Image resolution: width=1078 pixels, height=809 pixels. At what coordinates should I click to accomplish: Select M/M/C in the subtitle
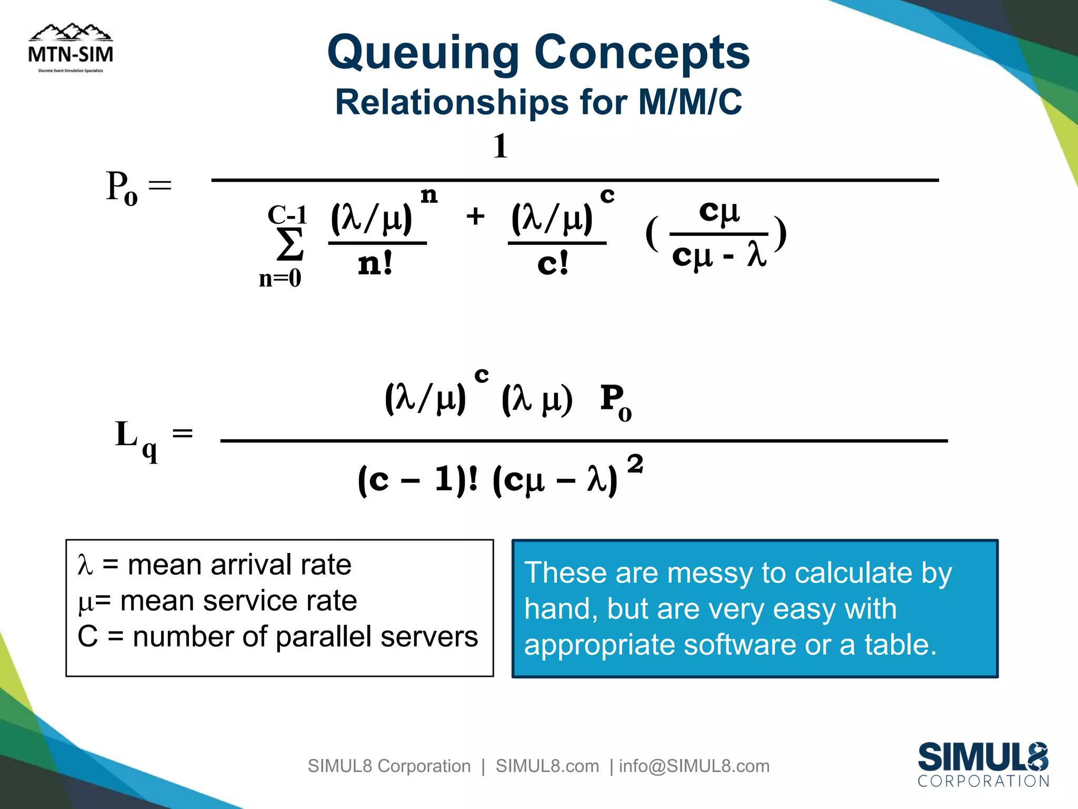690,102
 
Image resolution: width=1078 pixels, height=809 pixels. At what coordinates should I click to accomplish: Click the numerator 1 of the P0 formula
501,146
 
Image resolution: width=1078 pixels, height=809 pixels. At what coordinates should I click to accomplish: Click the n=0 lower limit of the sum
280,279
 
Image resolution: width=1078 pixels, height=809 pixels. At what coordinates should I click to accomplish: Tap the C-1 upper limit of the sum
287,214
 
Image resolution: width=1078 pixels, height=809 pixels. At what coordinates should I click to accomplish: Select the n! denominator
375,264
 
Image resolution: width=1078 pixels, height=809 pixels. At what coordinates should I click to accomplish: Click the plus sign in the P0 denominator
475,216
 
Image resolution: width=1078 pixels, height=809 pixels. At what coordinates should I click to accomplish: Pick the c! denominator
553,264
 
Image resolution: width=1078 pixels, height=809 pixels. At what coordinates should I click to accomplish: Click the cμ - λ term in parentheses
719,256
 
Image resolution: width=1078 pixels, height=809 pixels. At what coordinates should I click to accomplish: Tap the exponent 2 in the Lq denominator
635,464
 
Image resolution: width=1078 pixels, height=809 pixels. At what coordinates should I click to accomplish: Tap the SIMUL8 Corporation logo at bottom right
983,764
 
